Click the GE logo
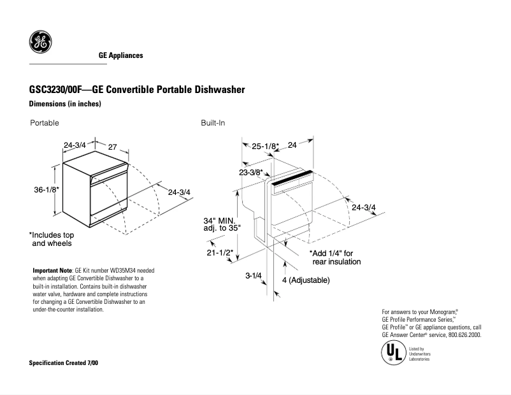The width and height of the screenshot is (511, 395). point(41,43)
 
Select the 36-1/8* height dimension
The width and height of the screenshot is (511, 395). point(47,190)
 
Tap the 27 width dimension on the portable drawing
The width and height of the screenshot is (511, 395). point(112,147)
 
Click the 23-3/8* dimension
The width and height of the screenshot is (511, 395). point(251,172)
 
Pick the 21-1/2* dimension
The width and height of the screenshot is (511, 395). point(219,252)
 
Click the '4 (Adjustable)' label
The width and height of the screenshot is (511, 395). point(306,280)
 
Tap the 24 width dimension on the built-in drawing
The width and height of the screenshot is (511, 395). point(292,145)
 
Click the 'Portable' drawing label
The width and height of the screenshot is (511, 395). point(45,122)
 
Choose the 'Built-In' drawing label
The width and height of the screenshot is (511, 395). point(213,122)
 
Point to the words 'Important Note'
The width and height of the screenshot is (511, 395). point(52,271)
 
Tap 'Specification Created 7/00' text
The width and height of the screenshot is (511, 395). point(64,363)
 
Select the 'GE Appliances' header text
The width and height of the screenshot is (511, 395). point(120,55)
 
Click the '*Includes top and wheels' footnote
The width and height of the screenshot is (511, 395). point(52,239)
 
